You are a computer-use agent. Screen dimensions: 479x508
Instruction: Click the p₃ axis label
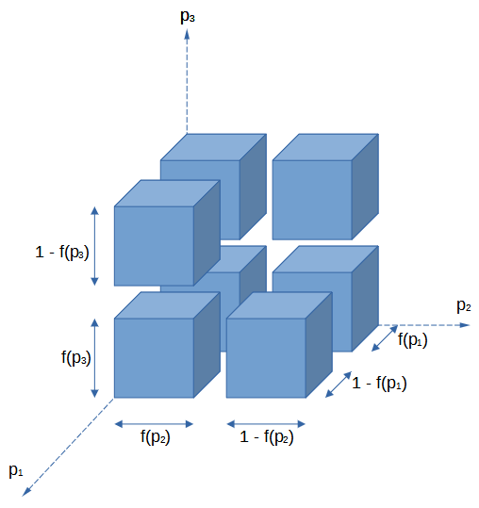[x=188, y=16]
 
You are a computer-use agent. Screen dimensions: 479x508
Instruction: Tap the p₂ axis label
[x=464, y=305]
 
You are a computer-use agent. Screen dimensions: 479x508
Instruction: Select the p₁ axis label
[x=16, y=470]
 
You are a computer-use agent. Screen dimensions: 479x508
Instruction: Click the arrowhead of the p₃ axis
[x=187, y=34]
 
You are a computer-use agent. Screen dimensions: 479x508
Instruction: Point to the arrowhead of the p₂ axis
[x=465, y=325]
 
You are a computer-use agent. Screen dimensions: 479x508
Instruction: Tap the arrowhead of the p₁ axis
[x=26, y=491]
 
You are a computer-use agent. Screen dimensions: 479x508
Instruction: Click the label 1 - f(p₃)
[x=62, y=253]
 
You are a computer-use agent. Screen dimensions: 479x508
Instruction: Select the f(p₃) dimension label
[x=75, y=358]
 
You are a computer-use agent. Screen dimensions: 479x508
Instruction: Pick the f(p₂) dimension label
[x=156, y=437]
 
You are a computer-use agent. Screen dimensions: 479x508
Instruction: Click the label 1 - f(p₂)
[x=267, y=437]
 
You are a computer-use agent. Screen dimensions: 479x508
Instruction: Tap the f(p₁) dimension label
[x=413, y=340]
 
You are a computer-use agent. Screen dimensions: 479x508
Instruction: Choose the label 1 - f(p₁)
[x=379, y=384]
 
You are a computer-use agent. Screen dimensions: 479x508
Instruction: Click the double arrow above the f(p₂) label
[x=154, y=424]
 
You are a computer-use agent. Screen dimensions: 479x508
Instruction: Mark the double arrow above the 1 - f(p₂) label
[x=266, y=424]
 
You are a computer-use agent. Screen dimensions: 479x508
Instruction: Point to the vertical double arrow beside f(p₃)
[x=94, y=358]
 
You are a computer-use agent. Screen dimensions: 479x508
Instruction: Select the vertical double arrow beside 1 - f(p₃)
[x=94, y=246]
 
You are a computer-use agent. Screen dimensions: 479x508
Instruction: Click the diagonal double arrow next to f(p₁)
[x=385, y=338]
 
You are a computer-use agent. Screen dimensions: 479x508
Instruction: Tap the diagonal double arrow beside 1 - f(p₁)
[x=339, y=385]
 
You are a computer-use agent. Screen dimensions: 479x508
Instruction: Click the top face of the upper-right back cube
[x=325, y=147]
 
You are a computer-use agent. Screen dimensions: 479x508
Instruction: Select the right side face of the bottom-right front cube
[x=319, y=345]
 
